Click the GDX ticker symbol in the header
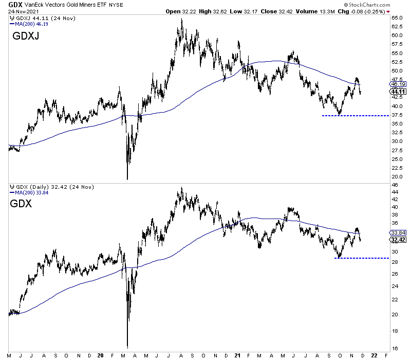(x=9, y=4)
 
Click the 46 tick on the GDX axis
(x=395, y=185)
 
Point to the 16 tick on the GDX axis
(x=395, y=348)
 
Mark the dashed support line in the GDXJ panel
(x=354, y=116)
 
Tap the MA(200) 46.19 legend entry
(x=26, y=24)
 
